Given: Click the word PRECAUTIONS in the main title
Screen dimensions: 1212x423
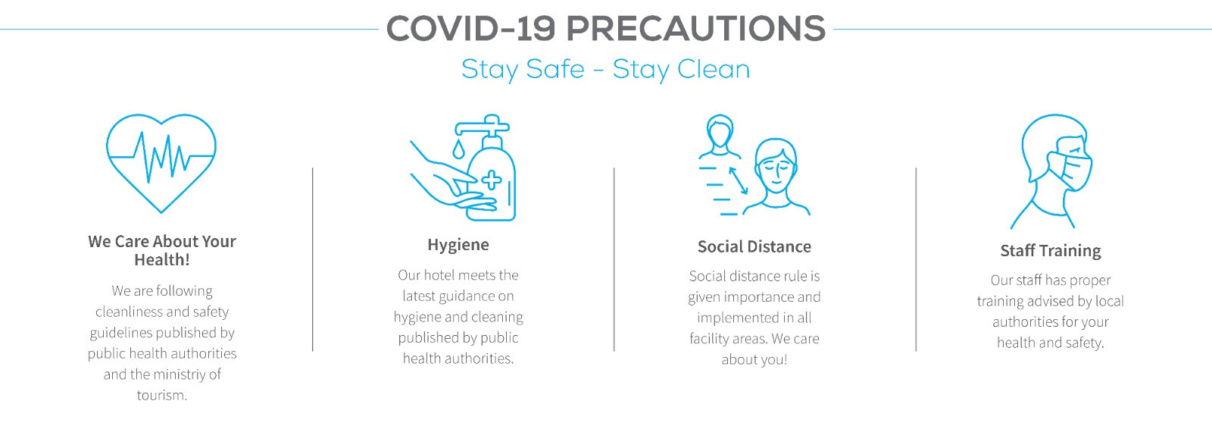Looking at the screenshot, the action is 696,29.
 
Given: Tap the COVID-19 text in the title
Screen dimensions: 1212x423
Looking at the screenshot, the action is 470,29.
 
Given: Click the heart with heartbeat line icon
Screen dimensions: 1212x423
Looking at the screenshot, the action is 161,162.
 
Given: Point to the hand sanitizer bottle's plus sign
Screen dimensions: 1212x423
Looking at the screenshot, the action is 492,180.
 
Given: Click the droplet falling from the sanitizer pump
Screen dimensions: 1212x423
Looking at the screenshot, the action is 458,149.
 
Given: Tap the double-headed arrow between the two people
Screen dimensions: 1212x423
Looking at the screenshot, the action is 738,180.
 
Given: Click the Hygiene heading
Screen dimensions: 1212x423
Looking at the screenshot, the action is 458,245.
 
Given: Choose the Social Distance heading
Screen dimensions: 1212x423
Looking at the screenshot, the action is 754,247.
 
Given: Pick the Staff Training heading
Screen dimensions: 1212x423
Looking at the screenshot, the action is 1050,251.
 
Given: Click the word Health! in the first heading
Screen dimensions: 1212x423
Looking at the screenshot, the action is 162,260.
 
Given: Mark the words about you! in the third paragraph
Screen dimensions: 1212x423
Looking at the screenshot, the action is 754,359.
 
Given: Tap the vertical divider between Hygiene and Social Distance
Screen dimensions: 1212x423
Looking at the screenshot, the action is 614,259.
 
